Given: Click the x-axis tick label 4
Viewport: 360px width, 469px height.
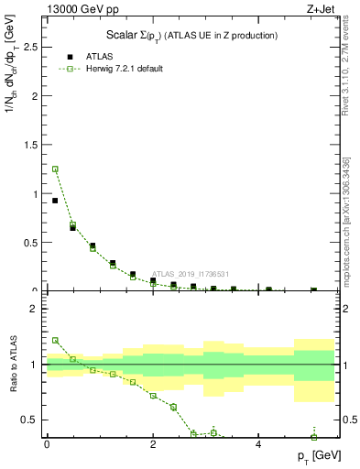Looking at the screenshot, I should (259, 444).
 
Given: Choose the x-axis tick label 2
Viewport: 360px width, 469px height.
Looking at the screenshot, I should (153, 444).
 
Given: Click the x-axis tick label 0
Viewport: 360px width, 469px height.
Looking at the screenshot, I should (47, 444).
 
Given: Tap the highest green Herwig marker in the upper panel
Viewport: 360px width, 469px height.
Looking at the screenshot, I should (55, 169).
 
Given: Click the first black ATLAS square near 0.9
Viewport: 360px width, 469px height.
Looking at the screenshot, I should (55, 201).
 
